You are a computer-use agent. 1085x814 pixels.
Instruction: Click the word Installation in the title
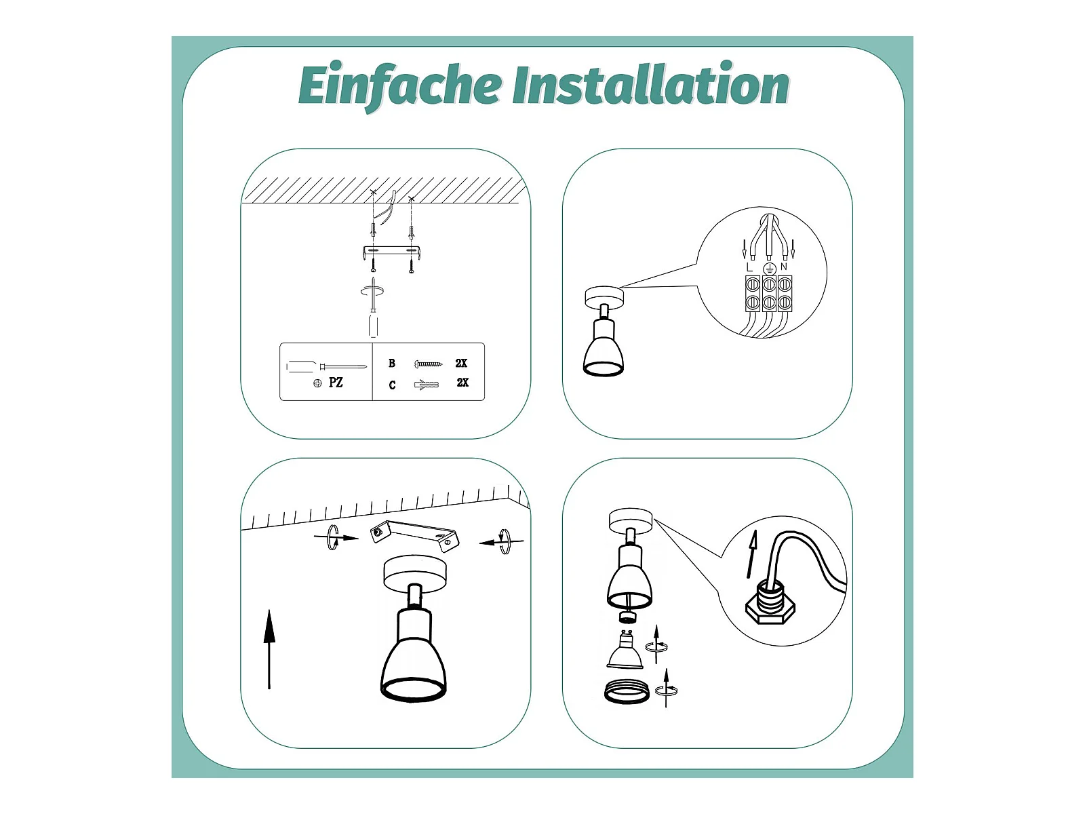[x=650, y=83]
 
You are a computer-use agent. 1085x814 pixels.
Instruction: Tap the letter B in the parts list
[x=392, y=364]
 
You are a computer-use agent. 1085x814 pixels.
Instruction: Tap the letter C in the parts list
[x=392, y=385]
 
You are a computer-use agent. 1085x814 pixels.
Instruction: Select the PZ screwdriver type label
[x=336, y=383]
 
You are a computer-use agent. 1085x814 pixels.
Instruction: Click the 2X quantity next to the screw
[x=461, y=364]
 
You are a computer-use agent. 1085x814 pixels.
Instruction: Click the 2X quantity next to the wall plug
[x=462, y=383]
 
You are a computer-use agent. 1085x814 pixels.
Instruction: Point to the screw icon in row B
[x=428, y=365]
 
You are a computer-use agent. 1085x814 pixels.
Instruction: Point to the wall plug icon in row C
[x=427, y=385]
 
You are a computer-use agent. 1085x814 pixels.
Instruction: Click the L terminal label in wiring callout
[x=749, y=267]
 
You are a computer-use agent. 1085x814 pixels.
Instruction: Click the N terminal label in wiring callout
[x=783, y=267]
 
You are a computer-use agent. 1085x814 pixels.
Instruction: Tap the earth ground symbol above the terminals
[x=768, y=269]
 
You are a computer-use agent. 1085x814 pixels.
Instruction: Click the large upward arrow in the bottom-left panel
[x=269, y=649]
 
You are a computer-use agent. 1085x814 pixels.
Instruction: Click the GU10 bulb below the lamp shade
[x=625, y=651]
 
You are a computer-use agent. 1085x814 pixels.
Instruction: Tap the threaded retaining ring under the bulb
[x=627, y=691]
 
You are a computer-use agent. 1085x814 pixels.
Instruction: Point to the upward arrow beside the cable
[x=752, y=554]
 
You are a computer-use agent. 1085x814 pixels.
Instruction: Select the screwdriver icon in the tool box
[x=327, y=366]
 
